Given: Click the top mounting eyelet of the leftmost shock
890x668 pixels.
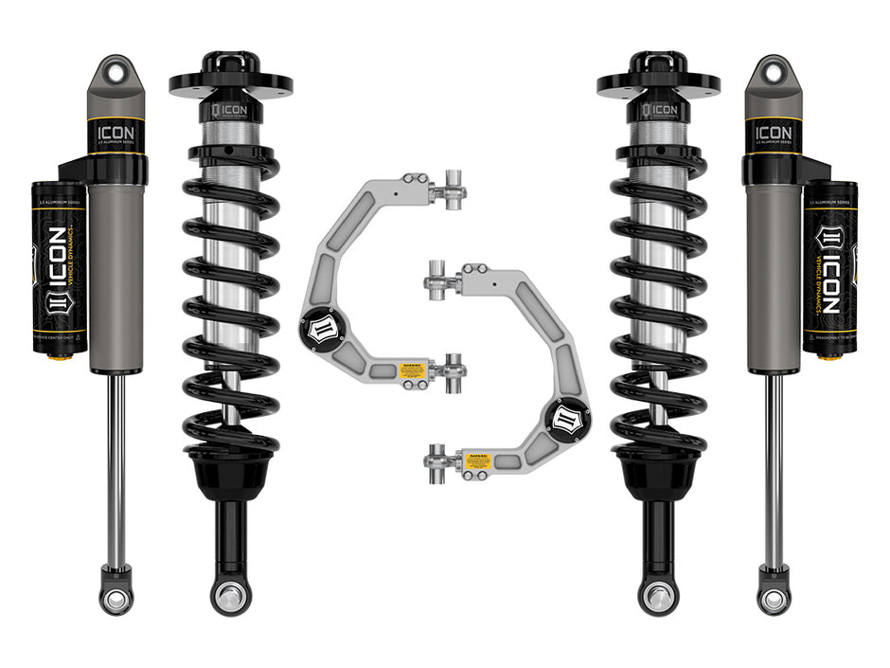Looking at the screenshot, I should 116,71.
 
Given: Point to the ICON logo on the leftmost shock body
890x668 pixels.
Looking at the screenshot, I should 117,132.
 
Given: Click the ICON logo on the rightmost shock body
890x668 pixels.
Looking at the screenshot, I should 772,132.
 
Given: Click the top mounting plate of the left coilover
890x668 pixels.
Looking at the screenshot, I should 230,83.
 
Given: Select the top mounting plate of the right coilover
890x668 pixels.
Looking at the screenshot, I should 658,83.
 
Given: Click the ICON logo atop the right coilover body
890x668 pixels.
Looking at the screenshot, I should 660,109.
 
